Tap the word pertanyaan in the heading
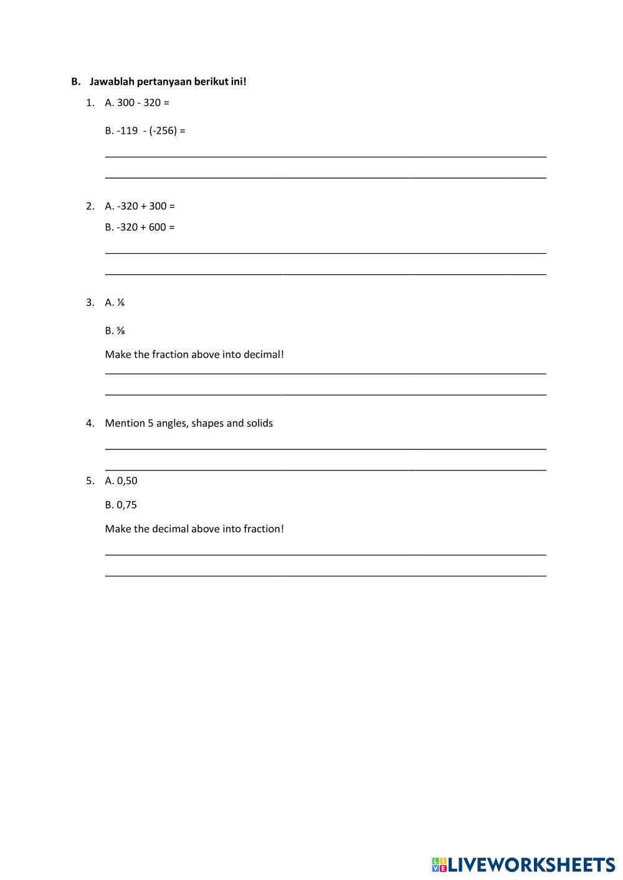click(163, 82)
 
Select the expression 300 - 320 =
click(143, 103)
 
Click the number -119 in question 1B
click(127, 131)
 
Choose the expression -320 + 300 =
click(146, 206)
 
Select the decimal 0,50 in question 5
click(127, 480)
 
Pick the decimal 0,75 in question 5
click(126, 505)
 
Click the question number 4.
click(90, 423)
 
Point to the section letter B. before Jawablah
click(75, 82)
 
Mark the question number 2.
click(90, 206)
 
